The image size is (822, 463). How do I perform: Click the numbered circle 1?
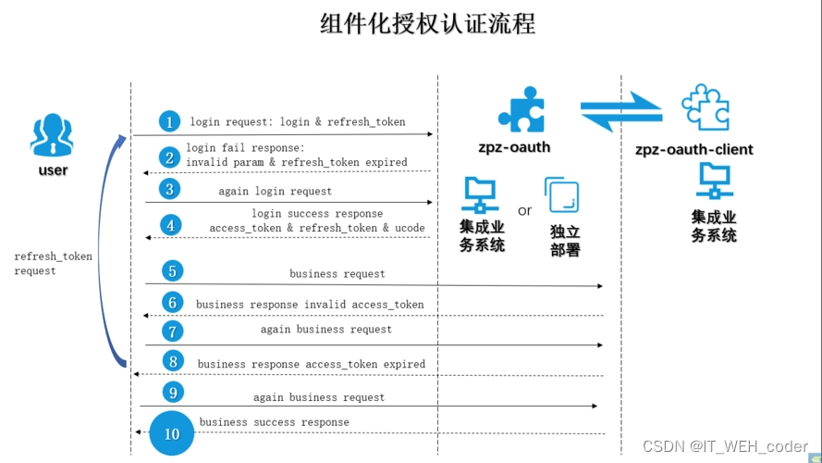point(168,122)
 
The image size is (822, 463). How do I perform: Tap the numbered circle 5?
point(170,271)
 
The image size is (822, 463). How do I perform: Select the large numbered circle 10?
point(172,433)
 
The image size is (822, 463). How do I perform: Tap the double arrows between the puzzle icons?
point(621,109)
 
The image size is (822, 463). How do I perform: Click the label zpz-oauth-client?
point(694,149)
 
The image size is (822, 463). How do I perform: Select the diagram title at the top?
point(427,23)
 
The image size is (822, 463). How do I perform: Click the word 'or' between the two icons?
point(525,211)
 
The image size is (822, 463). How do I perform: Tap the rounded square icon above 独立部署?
point(562,195)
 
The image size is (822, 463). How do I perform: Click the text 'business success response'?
point(275,422)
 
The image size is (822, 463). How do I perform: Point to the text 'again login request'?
point(275,191)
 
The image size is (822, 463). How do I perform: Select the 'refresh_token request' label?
point(54,263)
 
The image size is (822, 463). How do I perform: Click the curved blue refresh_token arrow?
point(104,250)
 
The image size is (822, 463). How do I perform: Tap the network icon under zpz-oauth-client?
point(714,181)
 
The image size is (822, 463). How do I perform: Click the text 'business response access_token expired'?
point(312,364)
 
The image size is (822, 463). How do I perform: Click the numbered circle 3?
point(168,190)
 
